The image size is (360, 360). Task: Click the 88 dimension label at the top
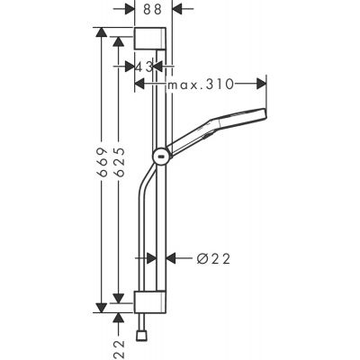click(153, 9)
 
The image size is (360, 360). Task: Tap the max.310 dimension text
click(201, 84)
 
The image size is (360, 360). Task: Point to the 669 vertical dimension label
click(102, 162)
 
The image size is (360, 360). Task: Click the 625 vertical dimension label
click(119, 162)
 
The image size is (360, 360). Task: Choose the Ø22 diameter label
click(213, 258)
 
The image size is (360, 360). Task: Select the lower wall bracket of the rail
click(150, 302)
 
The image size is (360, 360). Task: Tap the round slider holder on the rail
click(160, 157)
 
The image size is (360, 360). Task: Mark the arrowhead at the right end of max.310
click(261, 84)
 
